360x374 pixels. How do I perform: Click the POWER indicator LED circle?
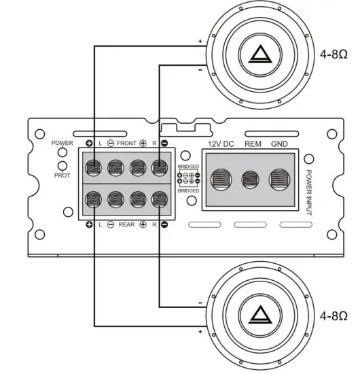pos(62,152)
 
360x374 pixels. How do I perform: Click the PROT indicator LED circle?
pos(62,165)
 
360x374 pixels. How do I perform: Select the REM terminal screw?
pos(251,180)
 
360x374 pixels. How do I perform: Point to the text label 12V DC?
pos(220,143)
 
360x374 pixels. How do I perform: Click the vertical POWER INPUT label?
pos(308,193)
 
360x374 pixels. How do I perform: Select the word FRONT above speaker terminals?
pos(126,143)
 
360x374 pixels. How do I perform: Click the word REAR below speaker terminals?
pos(126,224)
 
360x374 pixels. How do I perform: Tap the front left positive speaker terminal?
pos(93,167)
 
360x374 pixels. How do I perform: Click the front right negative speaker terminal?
pos(160,167)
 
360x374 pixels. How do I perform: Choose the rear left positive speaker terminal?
pos(93,199)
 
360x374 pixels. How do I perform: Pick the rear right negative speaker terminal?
pos(160,199)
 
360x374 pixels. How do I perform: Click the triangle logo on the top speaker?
pos(257,55)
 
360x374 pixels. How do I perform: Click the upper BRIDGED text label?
pos(188,167)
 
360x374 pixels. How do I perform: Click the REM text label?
pos(252,143)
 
